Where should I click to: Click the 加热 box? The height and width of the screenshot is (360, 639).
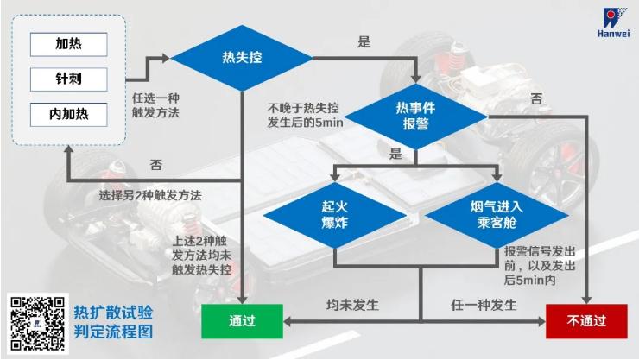(x=68, y=44)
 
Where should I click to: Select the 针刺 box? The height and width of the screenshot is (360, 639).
(x=68, y=79)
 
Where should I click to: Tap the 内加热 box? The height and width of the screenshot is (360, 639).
(x=68, y=113)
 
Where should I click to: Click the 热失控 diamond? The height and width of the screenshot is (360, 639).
(x=242, y=58)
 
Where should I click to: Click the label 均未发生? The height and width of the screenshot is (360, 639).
(x=352, y=306)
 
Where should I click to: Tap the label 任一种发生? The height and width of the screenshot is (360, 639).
(x=484, y=306)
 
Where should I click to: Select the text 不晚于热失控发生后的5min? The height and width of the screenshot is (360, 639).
(x=303, y=115)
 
